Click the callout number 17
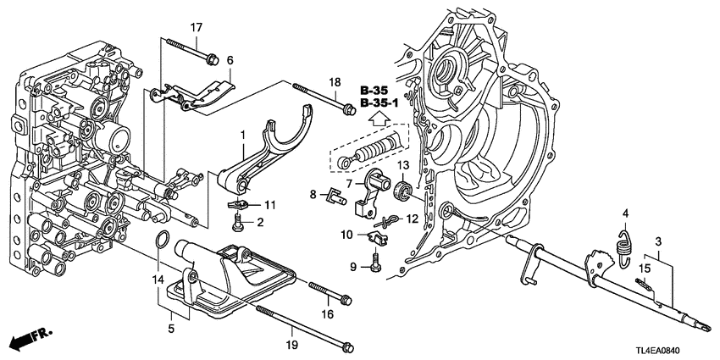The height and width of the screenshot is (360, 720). [196, 28]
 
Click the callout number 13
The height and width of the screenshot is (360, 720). [402, 164]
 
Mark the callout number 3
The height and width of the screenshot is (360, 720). [657, 241]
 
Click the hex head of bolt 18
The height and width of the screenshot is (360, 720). [347, 107]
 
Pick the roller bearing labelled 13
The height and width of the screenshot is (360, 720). [405, 190]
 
